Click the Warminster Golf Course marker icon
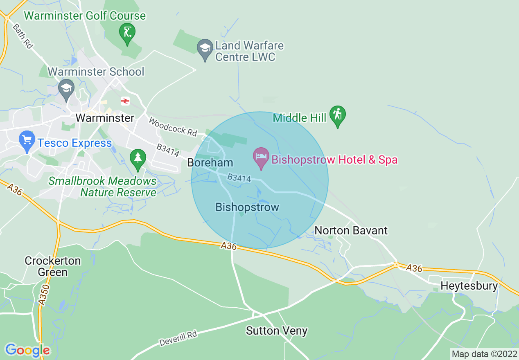coord(127,32)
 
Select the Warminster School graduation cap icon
coord(65,87)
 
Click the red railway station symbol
coord(125,101)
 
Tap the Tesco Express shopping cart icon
coord(27,140)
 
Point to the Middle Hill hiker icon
coord(338,115)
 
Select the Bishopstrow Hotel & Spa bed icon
coord(261,157)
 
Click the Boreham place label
coord(210,162)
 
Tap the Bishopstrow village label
coord(247,207)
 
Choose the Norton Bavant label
coord(351,230)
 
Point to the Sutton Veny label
coord(276,331)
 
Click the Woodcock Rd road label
coord(173,127)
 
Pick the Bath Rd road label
coord(23,36)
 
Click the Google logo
coord(27,350)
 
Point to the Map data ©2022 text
coord(484,354)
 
